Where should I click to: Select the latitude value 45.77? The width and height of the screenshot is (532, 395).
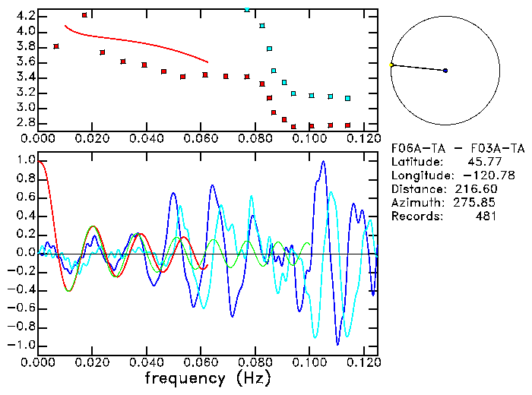point(477,161)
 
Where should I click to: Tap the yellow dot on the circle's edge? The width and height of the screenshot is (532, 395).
point(391,65)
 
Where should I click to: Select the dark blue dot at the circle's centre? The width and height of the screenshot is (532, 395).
point(445,71)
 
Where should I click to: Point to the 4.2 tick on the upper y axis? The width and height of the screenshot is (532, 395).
point(26,16)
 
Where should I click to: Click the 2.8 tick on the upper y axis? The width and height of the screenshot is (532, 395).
point(26,122)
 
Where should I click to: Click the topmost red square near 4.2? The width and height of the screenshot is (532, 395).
point(84,15)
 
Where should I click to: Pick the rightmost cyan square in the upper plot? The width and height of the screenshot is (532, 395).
point(347,98)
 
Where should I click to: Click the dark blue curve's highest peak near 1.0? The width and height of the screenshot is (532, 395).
point(323,161)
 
